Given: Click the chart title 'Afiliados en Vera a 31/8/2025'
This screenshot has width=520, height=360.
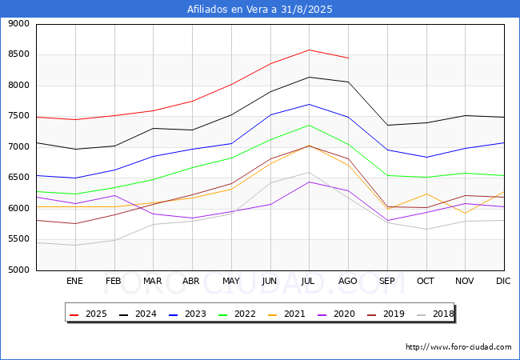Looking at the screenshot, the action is coord(260,10).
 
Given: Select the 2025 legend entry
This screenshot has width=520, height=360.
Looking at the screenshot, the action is coord(88,314).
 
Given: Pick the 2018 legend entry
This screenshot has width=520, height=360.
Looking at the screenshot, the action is coord(435,314).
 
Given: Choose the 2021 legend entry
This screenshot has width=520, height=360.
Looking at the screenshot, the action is coord(286,314).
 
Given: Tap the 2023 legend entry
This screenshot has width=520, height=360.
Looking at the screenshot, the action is coord(187,314).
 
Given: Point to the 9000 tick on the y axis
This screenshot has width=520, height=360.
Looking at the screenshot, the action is coord(18,24).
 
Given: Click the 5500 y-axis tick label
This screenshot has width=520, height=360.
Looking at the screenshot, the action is coord(18,239).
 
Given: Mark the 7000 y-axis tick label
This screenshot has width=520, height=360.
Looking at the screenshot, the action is coord(18,147).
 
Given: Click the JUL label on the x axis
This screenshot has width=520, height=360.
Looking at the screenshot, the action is coord(308,281).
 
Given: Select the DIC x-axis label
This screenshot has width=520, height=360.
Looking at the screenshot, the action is coord(503,281).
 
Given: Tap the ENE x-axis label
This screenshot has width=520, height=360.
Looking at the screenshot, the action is coord(74,281).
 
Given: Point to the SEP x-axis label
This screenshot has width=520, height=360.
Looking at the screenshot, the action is coord(386,281).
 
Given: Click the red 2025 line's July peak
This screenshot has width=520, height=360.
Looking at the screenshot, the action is coord(309,50).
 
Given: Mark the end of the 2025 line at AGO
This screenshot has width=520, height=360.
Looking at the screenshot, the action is coord(348,58).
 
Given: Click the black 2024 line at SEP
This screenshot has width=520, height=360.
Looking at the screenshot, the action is coord(387,126).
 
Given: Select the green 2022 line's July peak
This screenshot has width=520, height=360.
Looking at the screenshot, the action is coord(309,125).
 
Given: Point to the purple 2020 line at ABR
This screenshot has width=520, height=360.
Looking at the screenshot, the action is coord(192,218).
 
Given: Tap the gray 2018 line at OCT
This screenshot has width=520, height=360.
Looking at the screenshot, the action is coord(426,230).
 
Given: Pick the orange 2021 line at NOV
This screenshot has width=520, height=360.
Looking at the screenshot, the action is coord(466,213).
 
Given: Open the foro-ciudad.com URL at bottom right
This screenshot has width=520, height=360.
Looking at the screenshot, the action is coord(458,347).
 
